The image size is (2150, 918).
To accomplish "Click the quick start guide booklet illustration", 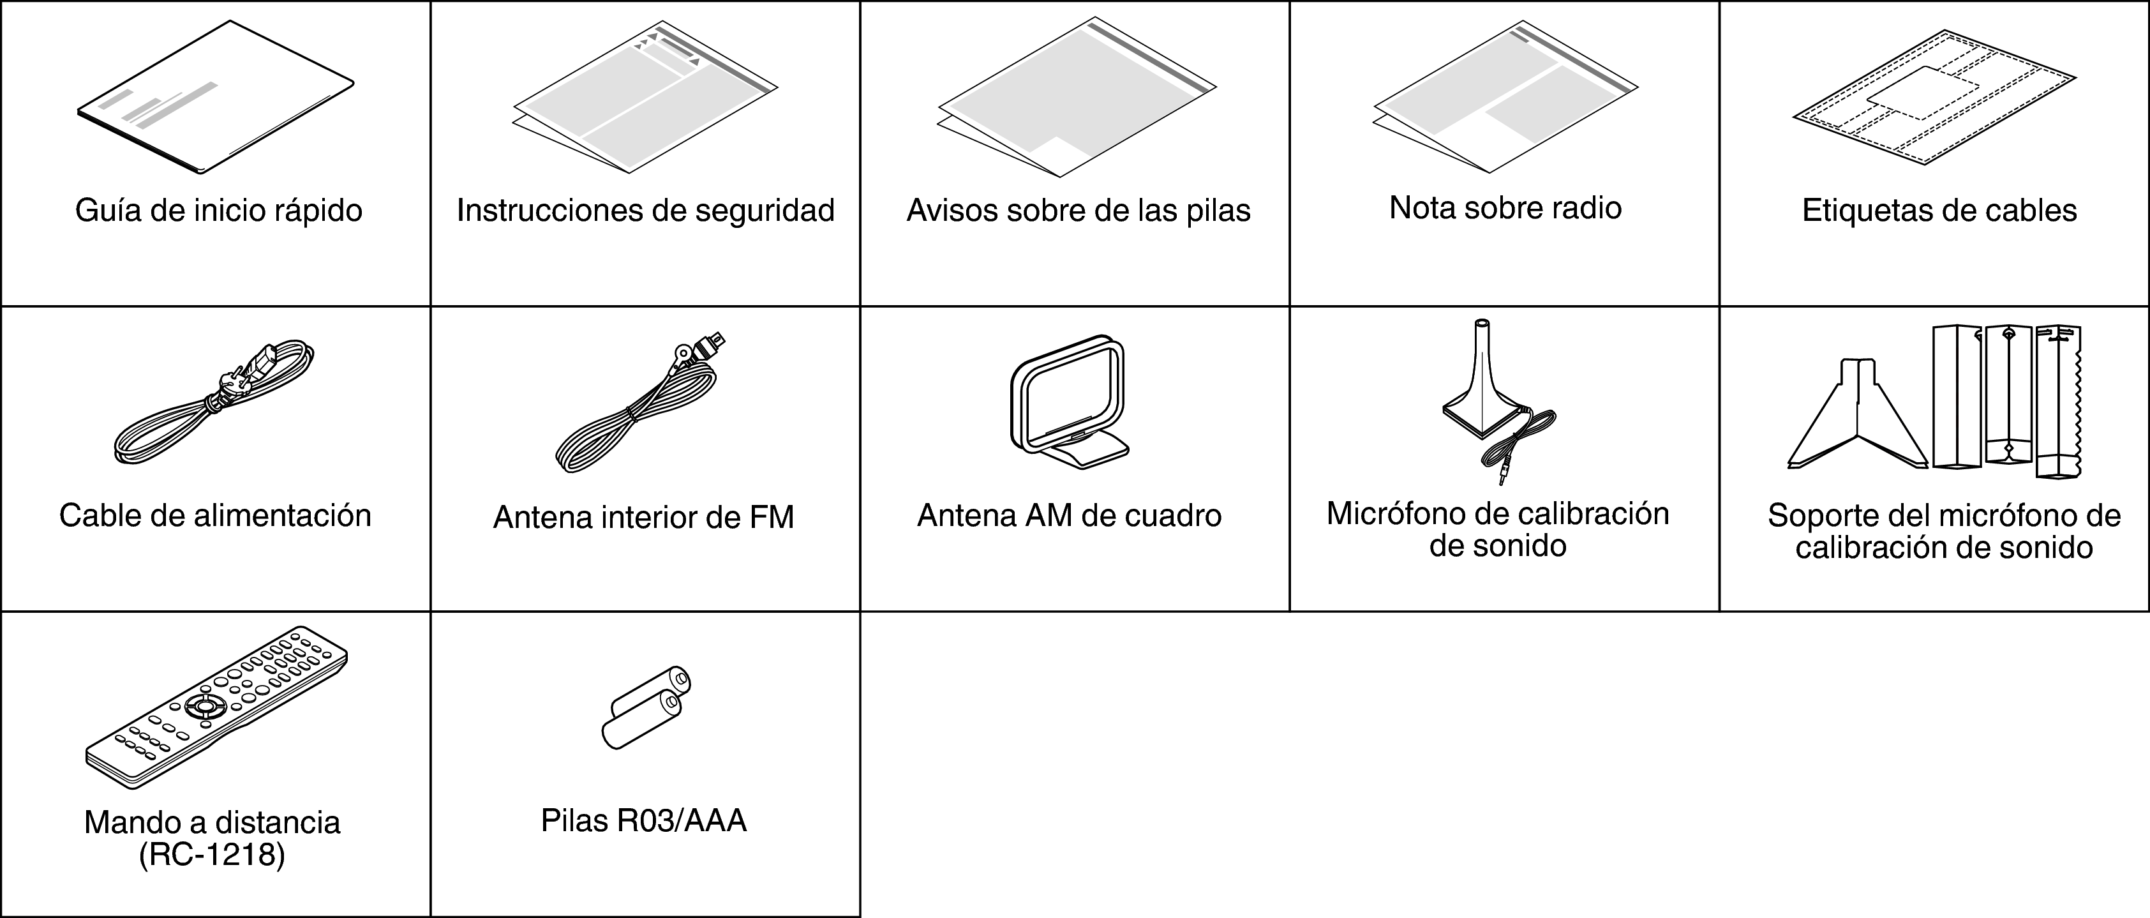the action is [x=215, y=98].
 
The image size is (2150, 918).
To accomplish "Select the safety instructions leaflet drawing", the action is [x=645, y=98].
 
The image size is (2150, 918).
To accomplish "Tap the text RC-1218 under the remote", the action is [x=212, y=856].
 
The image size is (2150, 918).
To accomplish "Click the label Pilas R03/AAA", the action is [x=643, y=821].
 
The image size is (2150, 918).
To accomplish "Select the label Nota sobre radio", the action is [x=1505, y=208].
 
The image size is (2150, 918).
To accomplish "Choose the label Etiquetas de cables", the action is [x=1939, y=210].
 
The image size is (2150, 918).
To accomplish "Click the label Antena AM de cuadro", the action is [x=1069, y=516].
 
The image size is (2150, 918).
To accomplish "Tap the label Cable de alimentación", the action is [x=215, y=516].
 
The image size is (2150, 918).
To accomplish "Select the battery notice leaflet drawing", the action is [x=1077, y=98].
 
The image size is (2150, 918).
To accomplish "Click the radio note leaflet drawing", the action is [x=1505, y=98].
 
